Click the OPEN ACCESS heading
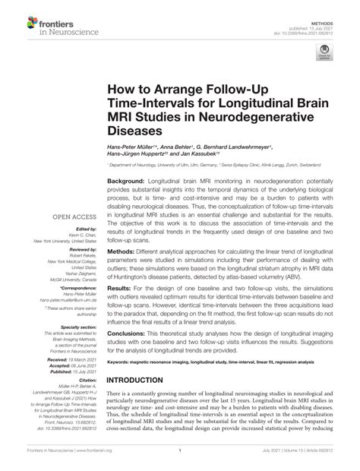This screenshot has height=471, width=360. tap(73, 217)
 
